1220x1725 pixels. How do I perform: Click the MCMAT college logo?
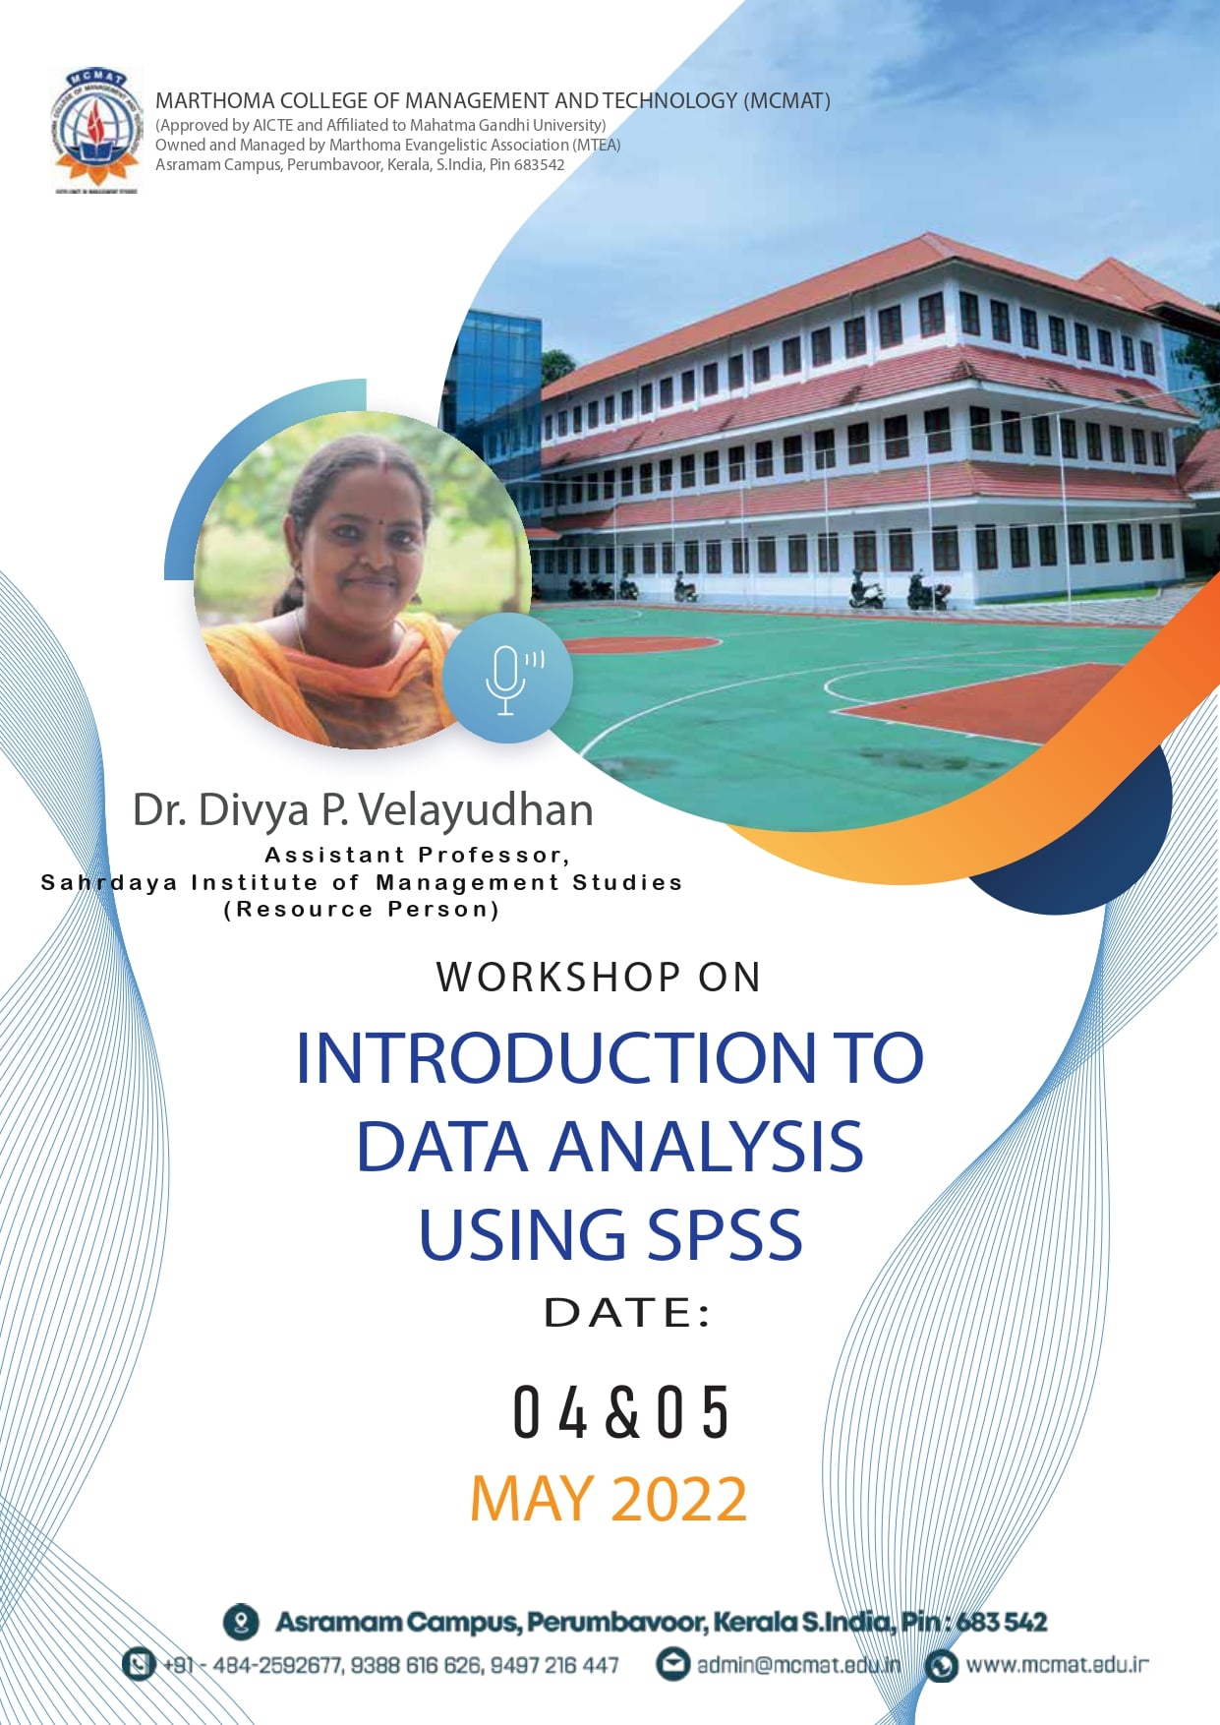(95, 130)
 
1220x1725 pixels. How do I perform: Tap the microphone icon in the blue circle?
(507, 679)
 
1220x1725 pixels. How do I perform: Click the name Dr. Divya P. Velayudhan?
(363, 810)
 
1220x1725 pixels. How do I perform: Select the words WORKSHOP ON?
(599, 977)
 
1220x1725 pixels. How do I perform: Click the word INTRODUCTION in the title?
(554, 1058)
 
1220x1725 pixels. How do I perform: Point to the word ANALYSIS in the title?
(705, 1147)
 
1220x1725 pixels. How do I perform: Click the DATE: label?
(626, 1313)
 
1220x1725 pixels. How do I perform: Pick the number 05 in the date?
(693, 1412)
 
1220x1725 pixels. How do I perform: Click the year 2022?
(679, 1499)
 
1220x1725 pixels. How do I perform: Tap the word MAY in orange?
(532, 1499)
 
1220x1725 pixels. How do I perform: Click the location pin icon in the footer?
(241, 1622)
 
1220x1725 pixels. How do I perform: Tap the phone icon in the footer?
(139, 1664)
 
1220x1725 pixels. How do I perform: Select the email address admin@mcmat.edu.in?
(798, 1665)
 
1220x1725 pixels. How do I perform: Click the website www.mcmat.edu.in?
(1057, 1665)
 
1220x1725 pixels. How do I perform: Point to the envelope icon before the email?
(672, 1664)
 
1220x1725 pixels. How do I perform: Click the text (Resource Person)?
(362, 910)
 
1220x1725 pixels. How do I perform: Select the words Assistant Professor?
(416, 855)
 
